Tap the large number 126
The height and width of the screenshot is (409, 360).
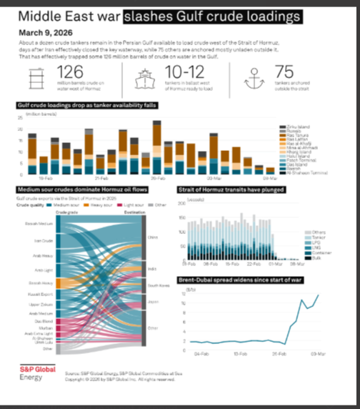pyautogui.click(x=70, y=72)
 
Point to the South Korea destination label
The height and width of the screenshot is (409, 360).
pyautogui.click(x=158, y=286)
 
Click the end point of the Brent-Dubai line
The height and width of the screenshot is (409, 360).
pyautogui.click(x=319, y=295)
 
